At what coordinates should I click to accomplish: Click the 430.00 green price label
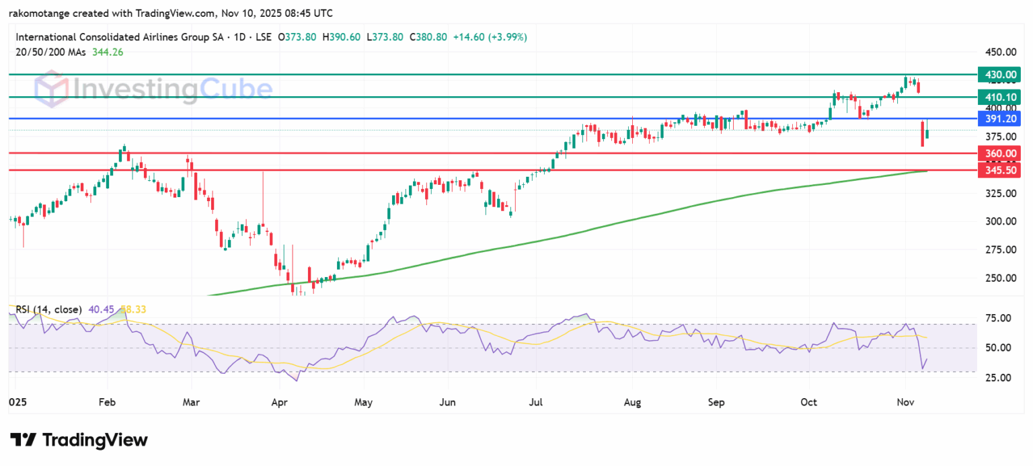pyautogui.click(x=1000, y=74)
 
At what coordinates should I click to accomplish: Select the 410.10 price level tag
pyautogui.click(x=1000, y=97)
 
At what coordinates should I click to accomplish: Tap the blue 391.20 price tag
pyautogui.click(x=1000, y=119)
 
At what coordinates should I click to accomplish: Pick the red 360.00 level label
pyautogui.click(x=1000, y=153)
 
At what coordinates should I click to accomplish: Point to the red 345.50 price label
pyautogui.click(x=1000, y=171)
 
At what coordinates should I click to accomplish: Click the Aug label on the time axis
pyautogui.click(x=632, y=403)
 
